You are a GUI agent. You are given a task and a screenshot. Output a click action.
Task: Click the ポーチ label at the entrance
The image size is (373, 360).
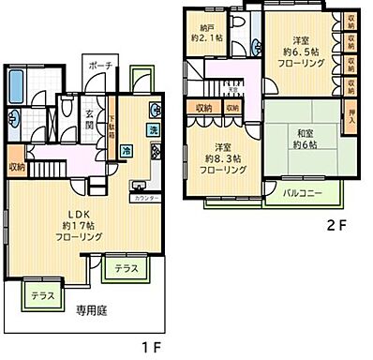pos(102,67)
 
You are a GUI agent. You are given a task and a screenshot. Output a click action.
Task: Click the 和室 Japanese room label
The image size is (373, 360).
pos(302,132)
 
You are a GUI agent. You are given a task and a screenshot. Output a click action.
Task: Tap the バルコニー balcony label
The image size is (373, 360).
pos(304,194)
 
